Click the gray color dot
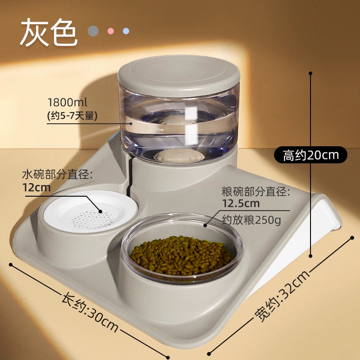pyautogui.click(x=93, y=31)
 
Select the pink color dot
pyautogui.click(x=111, y=31)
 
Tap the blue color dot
pyautogui.click(x=126, y=31)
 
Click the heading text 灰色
pyautogui.click(x=49, y=32)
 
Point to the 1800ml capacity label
pyautogui.click(x=67, y=103)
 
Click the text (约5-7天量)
pyautogui.click(x=72, y=116)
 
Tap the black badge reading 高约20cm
pyautogui.click(x=310, y=155)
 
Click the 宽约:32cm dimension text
pyautogui.click(x=282, y=296)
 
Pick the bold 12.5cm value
pyautogui.click(x=241, y=203)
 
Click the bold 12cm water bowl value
pyautogui.click(x=36, y=188)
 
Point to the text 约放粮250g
pyautogui.click(x=252, y=220)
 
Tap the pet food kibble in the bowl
pyautogui.click(x=181, y=256)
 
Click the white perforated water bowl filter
pyautogui.click(x=91, y=211)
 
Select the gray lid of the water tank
pyautogui.click(x=179, y=76)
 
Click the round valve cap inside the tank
pyautogui.click(x=179, y=156)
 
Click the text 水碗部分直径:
pyautogui.click(x=58, y=175)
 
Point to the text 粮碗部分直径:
pyautogui.click(x=256, y=192)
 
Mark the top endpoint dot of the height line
pyautogui.click(x=310, y=73)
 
